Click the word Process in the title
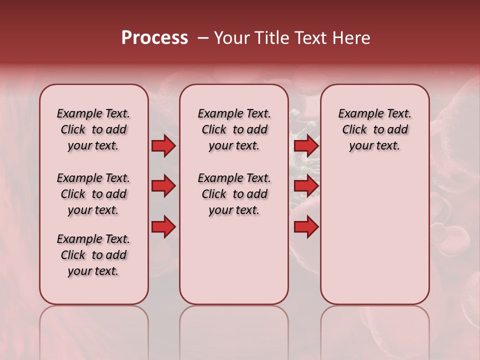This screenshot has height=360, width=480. pos(154,38)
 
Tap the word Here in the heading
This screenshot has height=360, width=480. pos(350,38)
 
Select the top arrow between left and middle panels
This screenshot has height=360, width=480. pos(163,146)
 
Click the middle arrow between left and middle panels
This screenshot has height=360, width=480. pos(163,186)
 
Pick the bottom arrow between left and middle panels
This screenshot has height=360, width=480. pos(163,227)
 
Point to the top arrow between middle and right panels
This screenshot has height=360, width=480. pos(306,146)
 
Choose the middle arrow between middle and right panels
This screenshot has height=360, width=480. pos(306,186)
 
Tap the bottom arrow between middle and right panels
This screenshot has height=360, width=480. pos(306,227)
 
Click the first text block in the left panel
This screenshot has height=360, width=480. pos(93,130)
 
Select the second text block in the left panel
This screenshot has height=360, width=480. pos(93,194)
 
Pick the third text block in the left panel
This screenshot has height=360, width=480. pos(93,255)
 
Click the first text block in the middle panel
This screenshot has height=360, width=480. pos(234,130)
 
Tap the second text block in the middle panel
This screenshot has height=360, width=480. pos(234,194)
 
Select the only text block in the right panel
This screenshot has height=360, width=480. pos(374,130)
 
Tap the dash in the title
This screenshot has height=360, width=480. pos(203,38)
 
